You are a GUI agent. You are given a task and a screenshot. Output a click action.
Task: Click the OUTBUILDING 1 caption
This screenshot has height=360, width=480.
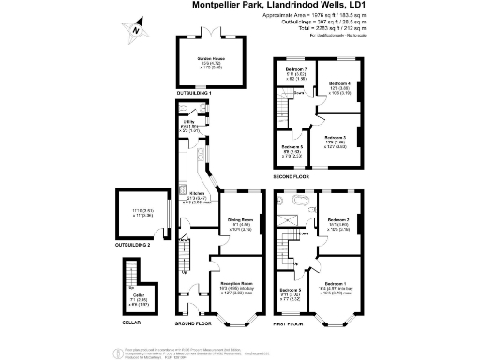pos(195,94)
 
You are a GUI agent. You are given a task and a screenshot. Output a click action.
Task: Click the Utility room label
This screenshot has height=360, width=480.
pos(188,122)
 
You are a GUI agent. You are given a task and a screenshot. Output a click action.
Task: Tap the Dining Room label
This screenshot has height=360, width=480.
pos(242,220)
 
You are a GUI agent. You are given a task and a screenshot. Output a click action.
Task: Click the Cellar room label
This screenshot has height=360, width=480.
pos(137,293)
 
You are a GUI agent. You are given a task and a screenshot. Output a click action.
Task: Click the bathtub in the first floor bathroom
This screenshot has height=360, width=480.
pos(301,201)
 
